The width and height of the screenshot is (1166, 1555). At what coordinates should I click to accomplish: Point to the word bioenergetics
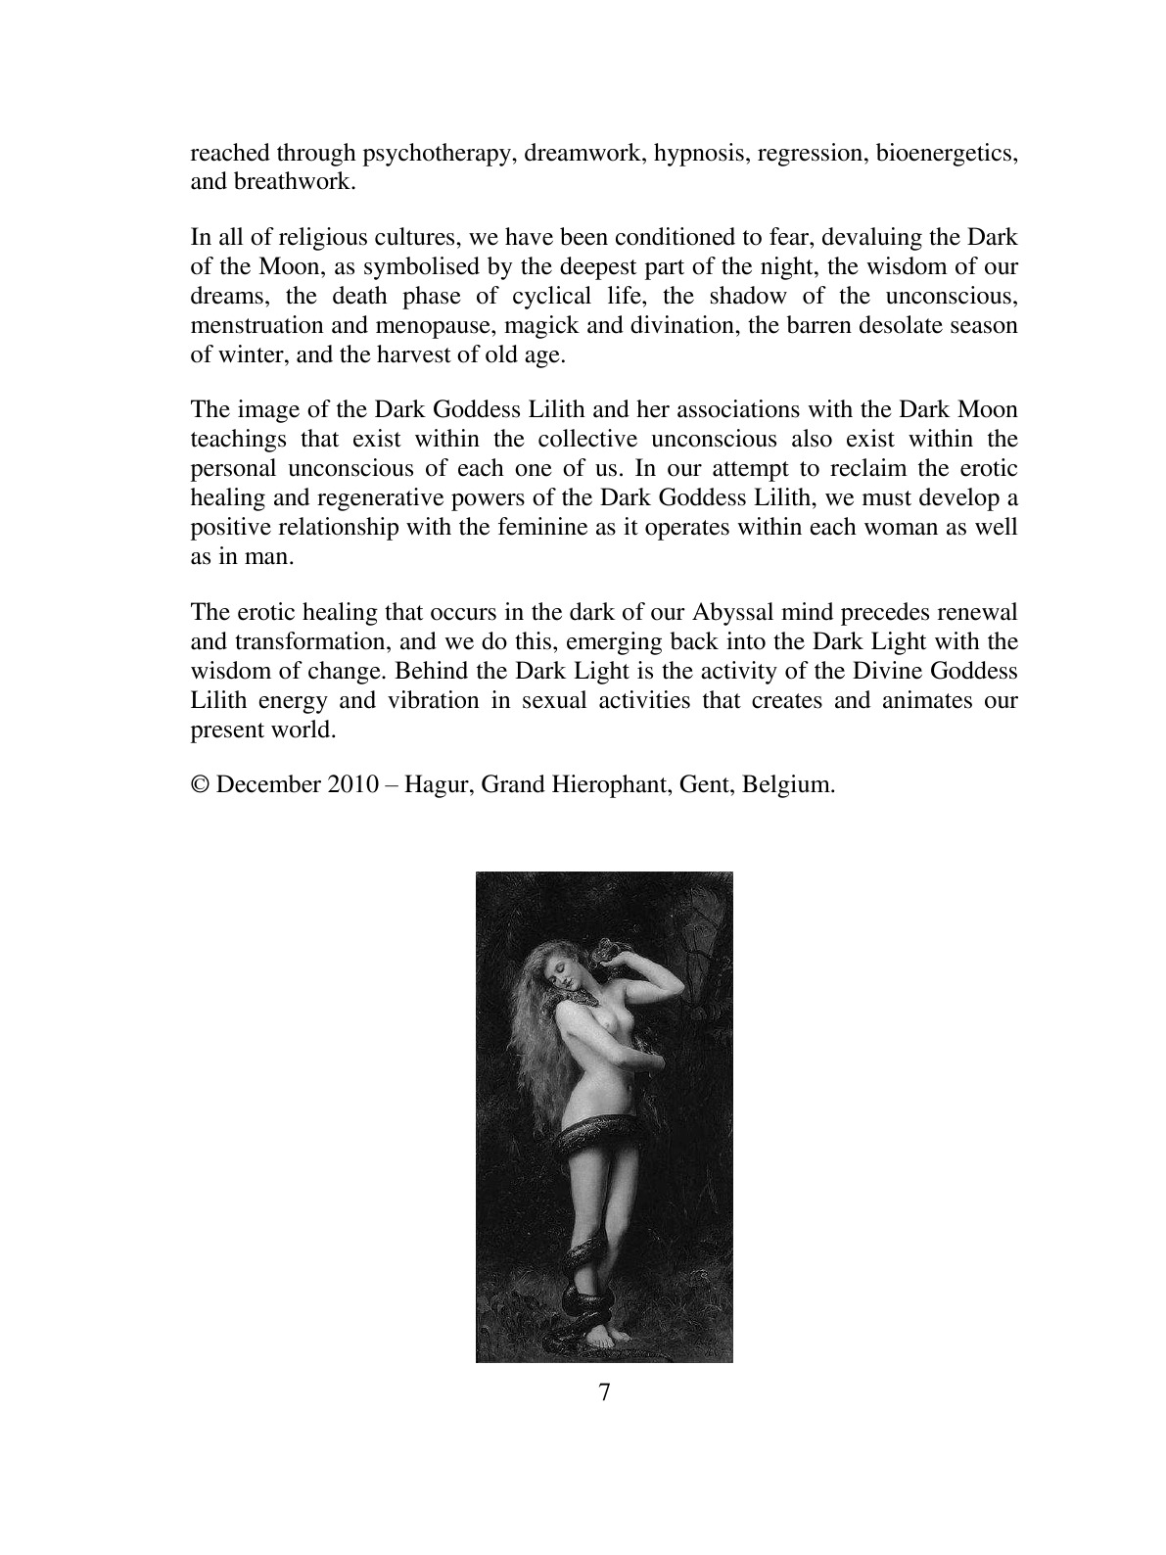pyautogui.click(x=946, y=154)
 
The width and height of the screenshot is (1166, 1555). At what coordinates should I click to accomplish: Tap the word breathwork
pyautogui.click(x=281, y=182)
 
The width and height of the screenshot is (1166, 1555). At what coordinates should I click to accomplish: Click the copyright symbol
pyautogui.click(x=199, y=785)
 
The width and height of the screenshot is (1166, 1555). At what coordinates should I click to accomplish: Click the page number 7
pyautogui.click(x=604, y=1393)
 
